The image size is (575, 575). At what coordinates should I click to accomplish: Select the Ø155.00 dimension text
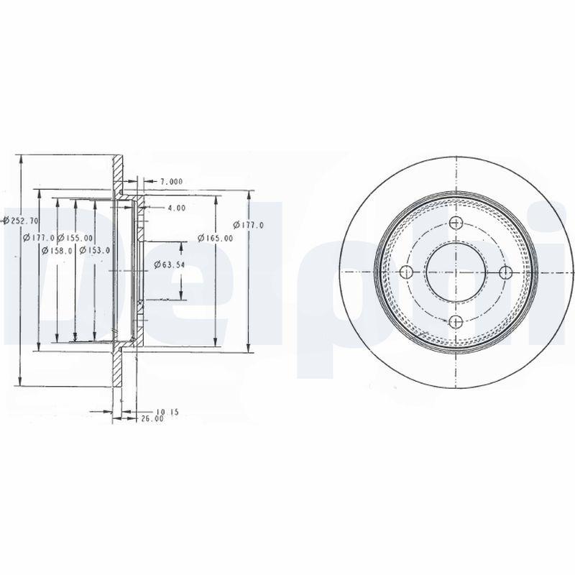click(76, 237)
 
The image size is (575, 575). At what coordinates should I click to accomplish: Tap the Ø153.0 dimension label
click(94, 250)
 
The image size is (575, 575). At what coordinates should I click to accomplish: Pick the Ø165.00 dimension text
click(216, 238)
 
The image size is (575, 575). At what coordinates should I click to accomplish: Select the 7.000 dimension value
click(171, 181)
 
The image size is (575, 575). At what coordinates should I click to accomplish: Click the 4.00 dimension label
click(176, 208)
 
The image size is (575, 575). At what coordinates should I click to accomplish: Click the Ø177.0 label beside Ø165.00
click(252, 225)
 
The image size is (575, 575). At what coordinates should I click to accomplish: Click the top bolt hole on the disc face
click(456, 224)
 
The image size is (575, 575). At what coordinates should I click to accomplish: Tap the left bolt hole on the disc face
click(406, 272)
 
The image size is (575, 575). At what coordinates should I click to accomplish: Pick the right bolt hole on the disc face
click(505, 271)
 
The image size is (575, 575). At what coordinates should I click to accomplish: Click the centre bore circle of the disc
click(456, 272)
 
